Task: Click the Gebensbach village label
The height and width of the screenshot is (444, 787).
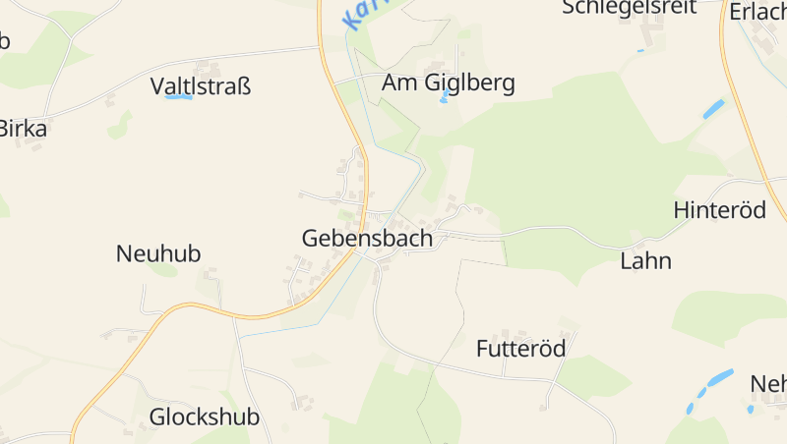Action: pyautogui.click(x=367, y=239)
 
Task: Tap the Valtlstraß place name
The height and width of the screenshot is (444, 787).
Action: pyautogui.click(x=201, y=86)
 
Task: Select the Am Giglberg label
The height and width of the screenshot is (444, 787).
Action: pyautogui.click(x=449, y=83)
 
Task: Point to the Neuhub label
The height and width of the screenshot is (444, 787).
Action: pyautogui.click(x=158, y=253)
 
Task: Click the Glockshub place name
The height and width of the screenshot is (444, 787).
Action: pyautogui.click(x=204, y=416)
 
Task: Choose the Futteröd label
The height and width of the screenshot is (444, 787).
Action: pyautogui.click(x=520, y=349)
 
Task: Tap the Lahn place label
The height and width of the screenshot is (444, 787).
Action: pyautogui.click(x=645, y=260)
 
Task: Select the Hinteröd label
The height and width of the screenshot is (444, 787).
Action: pyautogui.click(x=719, y=209)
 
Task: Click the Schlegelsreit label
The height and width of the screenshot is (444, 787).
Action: pyautogui.click(x=629, y=8)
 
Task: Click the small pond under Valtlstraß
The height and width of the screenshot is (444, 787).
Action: pyautogui.click(x=178, y=97)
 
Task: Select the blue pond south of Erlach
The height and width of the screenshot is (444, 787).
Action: pyautogui.click(x=713, y=109)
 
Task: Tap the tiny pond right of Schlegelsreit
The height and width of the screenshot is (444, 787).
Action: pyautogui.click(x=640, y=50)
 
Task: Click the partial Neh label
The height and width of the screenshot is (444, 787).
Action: pyautogui.click(x=768, y=382)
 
